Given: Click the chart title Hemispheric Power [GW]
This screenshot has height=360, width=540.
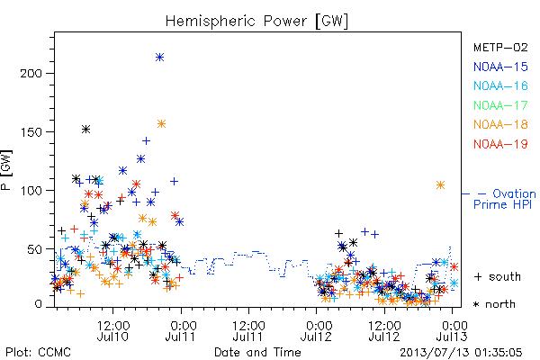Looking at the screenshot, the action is coord(256,21).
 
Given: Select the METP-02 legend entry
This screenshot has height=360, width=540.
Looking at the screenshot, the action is coord(500,47).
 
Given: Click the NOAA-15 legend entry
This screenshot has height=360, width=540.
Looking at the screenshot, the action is coord(500,67).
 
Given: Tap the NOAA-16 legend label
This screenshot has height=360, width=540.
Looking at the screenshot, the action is coord(500,85).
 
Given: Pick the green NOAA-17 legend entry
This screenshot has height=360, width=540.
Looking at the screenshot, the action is coord(500,105).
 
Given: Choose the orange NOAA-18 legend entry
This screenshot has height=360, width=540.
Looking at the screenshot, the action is coord(500,124).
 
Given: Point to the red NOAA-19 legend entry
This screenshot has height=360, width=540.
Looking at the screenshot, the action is coord(500,144).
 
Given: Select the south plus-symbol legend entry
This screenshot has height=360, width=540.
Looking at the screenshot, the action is coord(498,276).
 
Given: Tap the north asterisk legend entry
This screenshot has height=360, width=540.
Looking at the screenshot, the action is coord(494,304).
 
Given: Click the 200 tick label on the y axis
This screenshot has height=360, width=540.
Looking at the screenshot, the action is coord(31,74).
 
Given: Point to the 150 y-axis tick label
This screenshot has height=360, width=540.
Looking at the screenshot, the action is coord(31,132).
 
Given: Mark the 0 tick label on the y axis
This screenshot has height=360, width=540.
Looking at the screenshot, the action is coord(38,304).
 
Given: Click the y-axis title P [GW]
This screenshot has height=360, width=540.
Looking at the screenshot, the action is coord(6,170).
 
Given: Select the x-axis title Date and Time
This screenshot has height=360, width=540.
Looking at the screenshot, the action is coord(257,352).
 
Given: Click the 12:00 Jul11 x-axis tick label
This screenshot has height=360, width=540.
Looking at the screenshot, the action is coord(248,331).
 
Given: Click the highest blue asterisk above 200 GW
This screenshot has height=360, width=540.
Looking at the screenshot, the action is coord(159,58).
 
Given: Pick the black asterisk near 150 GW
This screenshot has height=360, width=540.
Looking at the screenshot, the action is coord(85,130).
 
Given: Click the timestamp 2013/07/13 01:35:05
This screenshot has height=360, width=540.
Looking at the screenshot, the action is coord(461,353).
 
